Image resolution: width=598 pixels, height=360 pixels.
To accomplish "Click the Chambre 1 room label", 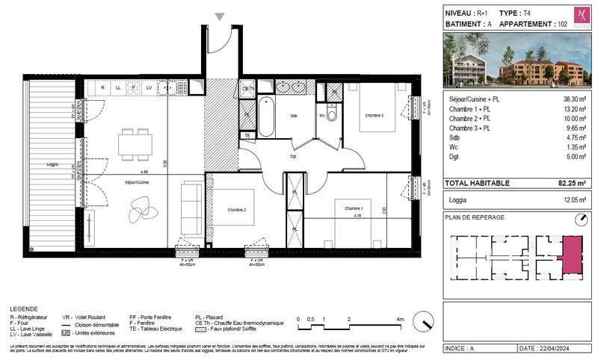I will tap(348, 208).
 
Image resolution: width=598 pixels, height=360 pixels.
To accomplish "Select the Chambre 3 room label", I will tap(374, 115).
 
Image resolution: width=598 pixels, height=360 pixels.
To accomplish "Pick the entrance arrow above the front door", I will tap(219, 16).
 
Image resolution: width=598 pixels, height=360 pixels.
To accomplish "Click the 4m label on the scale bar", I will tap(400, 319).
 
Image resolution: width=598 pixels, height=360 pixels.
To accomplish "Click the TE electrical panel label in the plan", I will tap(247, 136).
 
